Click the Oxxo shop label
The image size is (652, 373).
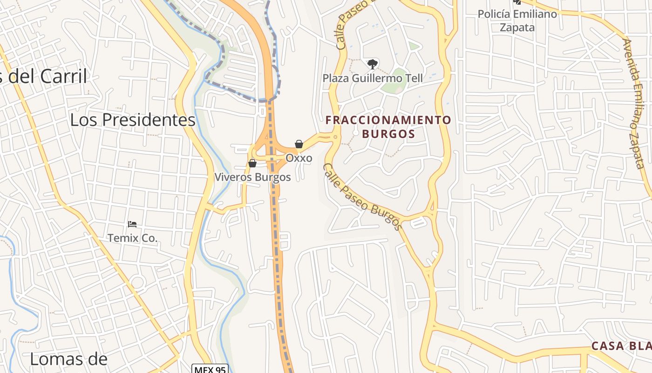pos(299,158)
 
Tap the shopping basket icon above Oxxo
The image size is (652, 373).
pos(299,144)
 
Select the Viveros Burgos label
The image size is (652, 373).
pos(252,177)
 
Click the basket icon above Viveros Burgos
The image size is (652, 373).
pos(252,163)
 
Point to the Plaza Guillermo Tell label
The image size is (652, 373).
pos(373,78)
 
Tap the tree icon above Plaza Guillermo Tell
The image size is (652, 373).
pos(372,64)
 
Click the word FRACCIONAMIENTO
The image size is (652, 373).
pos(388,120)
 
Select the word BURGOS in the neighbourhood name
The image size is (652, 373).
pos(388,134)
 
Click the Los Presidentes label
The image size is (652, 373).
pos(133,120)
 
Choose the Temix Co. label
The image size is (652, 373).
pos(133,238)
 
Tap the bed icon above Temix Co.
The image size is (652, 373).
pos(132,224)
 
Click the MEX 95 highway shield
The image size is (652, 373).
pos(211,369)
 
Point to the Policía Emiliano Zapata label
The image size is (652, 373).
pos(517,21)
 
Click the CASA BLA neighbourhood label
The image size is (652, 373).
pos(621,346)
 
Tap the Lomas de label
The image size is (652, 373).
pos(68,359)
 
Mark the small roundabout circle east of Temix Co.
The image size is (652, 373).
pos(137,282)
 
